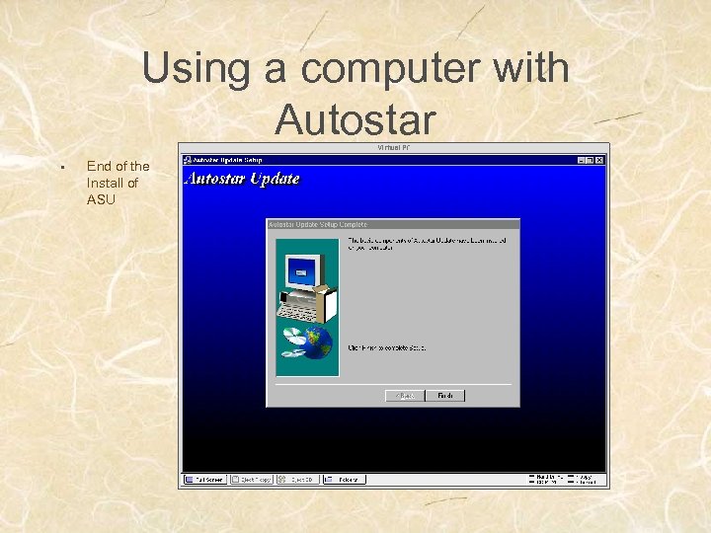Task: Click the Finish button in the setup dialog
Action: (444, 396)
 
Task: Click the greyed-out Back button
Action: (405, 396)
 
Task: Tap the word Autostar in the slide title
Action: (355, 120)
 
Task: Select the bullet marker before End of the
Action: (61, 167)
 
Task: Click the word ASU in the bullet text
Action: (101, 199)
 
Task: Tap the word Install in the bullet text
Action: (106, 183)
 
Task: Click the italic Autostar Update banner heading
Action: (243, 179)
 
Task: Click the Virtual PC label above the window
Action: (393, 148)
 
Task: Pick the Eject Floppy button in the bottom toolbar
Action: (253, 479)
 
